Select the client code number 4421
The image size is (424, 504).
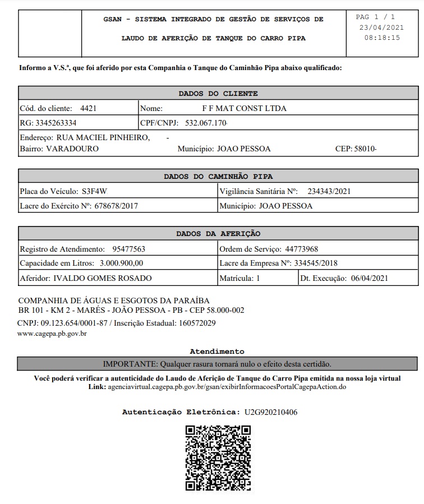tap(89, 108)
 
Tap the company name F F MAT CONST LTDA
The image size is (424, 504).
tap(244, 108)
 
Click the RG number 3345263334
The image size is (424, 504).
tap(56, 123)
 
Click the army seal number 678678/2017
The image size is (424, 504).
tap(116, 206)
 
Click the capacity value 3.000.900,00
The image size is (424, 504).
tap(121, 263)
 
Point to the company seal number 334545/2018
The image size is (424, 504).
tap(316, 263)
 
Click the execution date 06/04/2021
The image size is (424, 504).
tap(368, 278)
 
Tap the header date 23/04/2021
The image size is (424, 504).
tap(381, 27)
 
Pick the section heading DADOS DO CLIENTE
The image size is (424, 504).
tap(218, 94)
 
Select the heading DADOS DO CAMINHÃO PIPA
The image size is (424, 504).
tap(218, 177)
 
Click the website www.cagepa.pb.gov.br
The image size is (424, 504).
tap(52, 334)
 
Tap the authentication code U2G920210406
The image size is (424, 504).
tap(271, 412)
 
